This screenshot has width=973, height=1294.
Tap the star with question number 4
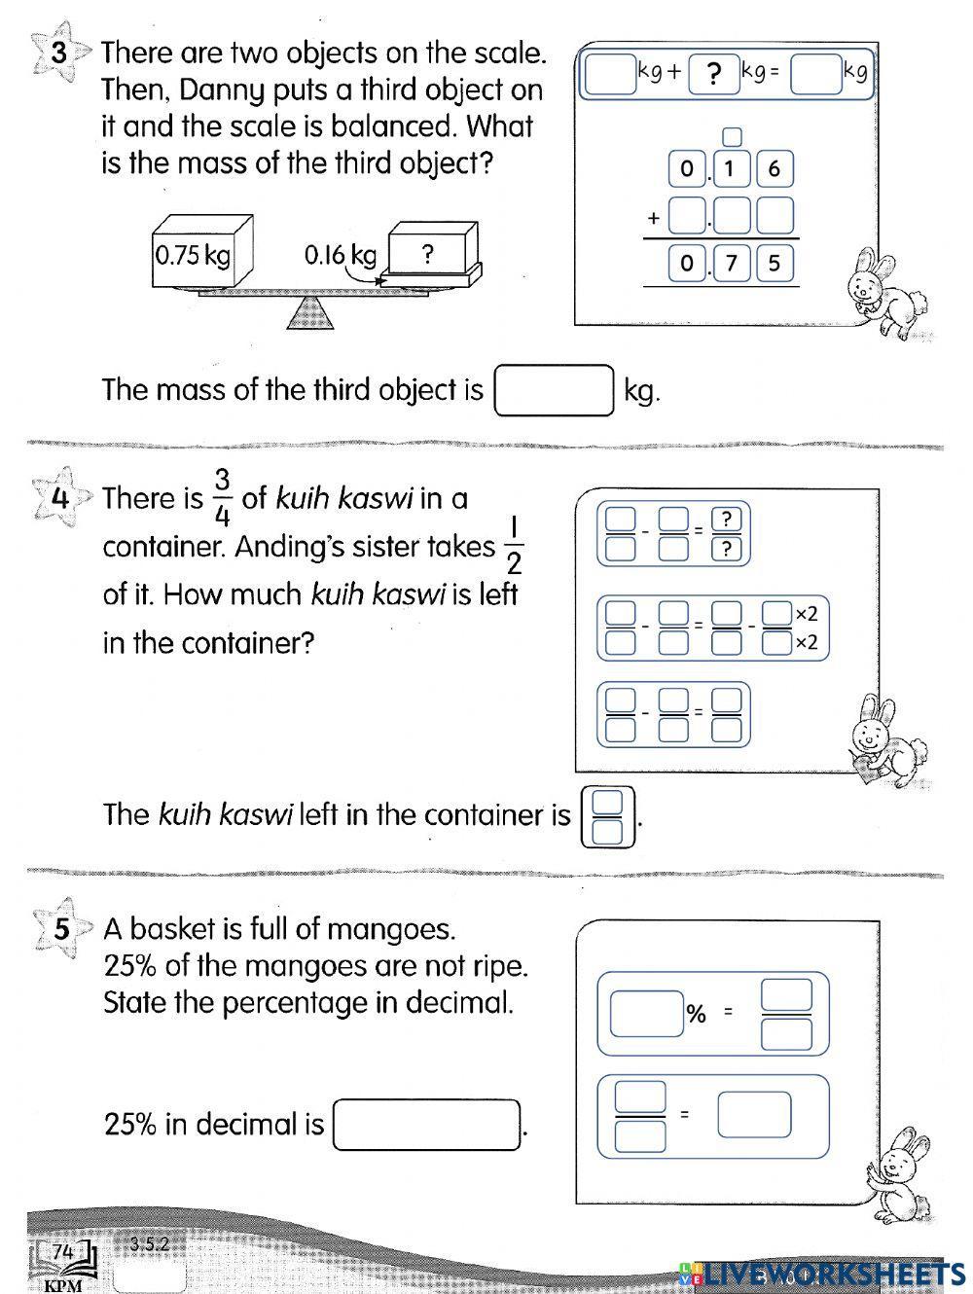pyautogui.click(x=59, y=498)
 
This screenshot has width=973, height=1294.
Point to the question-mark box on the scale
pyautogui.click(x=429, y=254)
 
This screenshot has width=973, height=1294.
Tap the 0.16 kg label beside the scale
pyautogui.click(x=339, y=255)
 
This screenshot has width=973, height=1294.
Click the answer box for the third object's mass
pyautogui.click(x=554, y=390)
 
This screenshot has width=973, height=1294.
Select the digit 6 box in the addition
pyautogui.click(x=775, y=169)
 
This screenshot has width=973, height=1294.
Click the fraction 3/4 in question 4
pyautogui.click(x=222, y=496)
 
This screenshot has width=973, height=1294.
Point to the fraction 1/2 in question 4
pyautogui.click(x=514, y=545)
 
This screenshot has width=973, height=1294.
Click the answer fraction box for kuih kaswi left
pyautogui.click(x=607, y=816)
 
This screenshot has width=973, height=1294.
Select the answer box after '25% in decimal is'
pyautogui.click(x=427, y=1125)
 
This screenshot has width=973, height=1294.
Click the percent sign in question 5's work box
pyautogui.click(x=696, y=1014)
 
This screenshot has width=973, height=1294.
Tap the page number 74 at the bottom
pyautogui.click(x=63, y=1252)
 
